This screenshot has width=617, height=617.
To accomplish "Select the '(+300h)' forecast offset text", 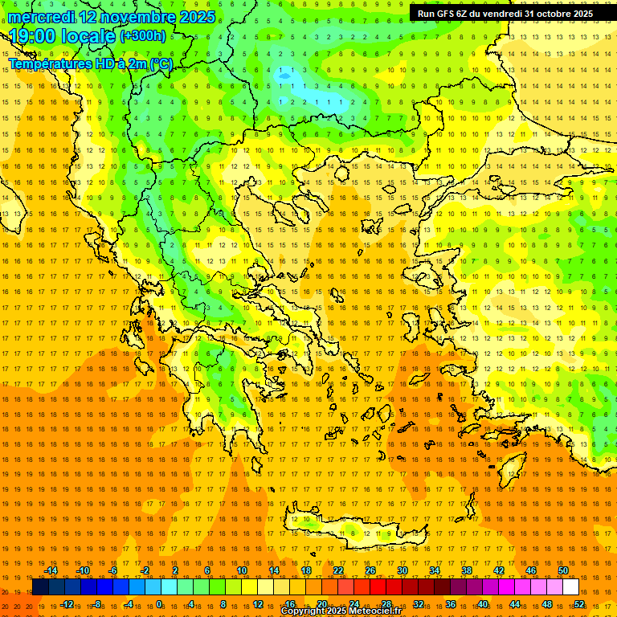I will (143, 36).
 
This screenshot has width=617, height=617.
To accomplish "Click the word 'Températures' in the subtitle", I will (49, 63).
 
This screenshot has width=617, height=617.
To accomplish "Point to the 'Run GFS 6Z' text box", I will (505, 14).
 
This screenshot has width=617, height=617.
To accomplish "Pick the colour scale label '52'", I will (579, 604).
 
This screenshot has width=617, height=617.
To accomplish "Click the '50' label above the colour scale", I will (563, 570).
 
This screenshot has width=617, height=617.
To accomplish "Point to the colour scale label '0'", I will (159, 604).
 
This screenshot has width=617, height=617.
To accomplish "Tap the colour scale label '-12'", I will (67, 604).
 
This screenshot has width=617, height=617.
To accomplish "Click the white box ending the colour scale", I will (571, 587).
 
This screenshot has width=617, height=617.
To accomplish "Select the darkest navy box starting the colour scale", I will (40, 587).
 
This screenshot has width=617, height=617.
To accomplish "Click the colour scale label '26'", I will (370, 570).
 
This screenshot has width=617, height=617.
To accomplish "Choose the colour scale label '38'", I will (467, 570).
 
